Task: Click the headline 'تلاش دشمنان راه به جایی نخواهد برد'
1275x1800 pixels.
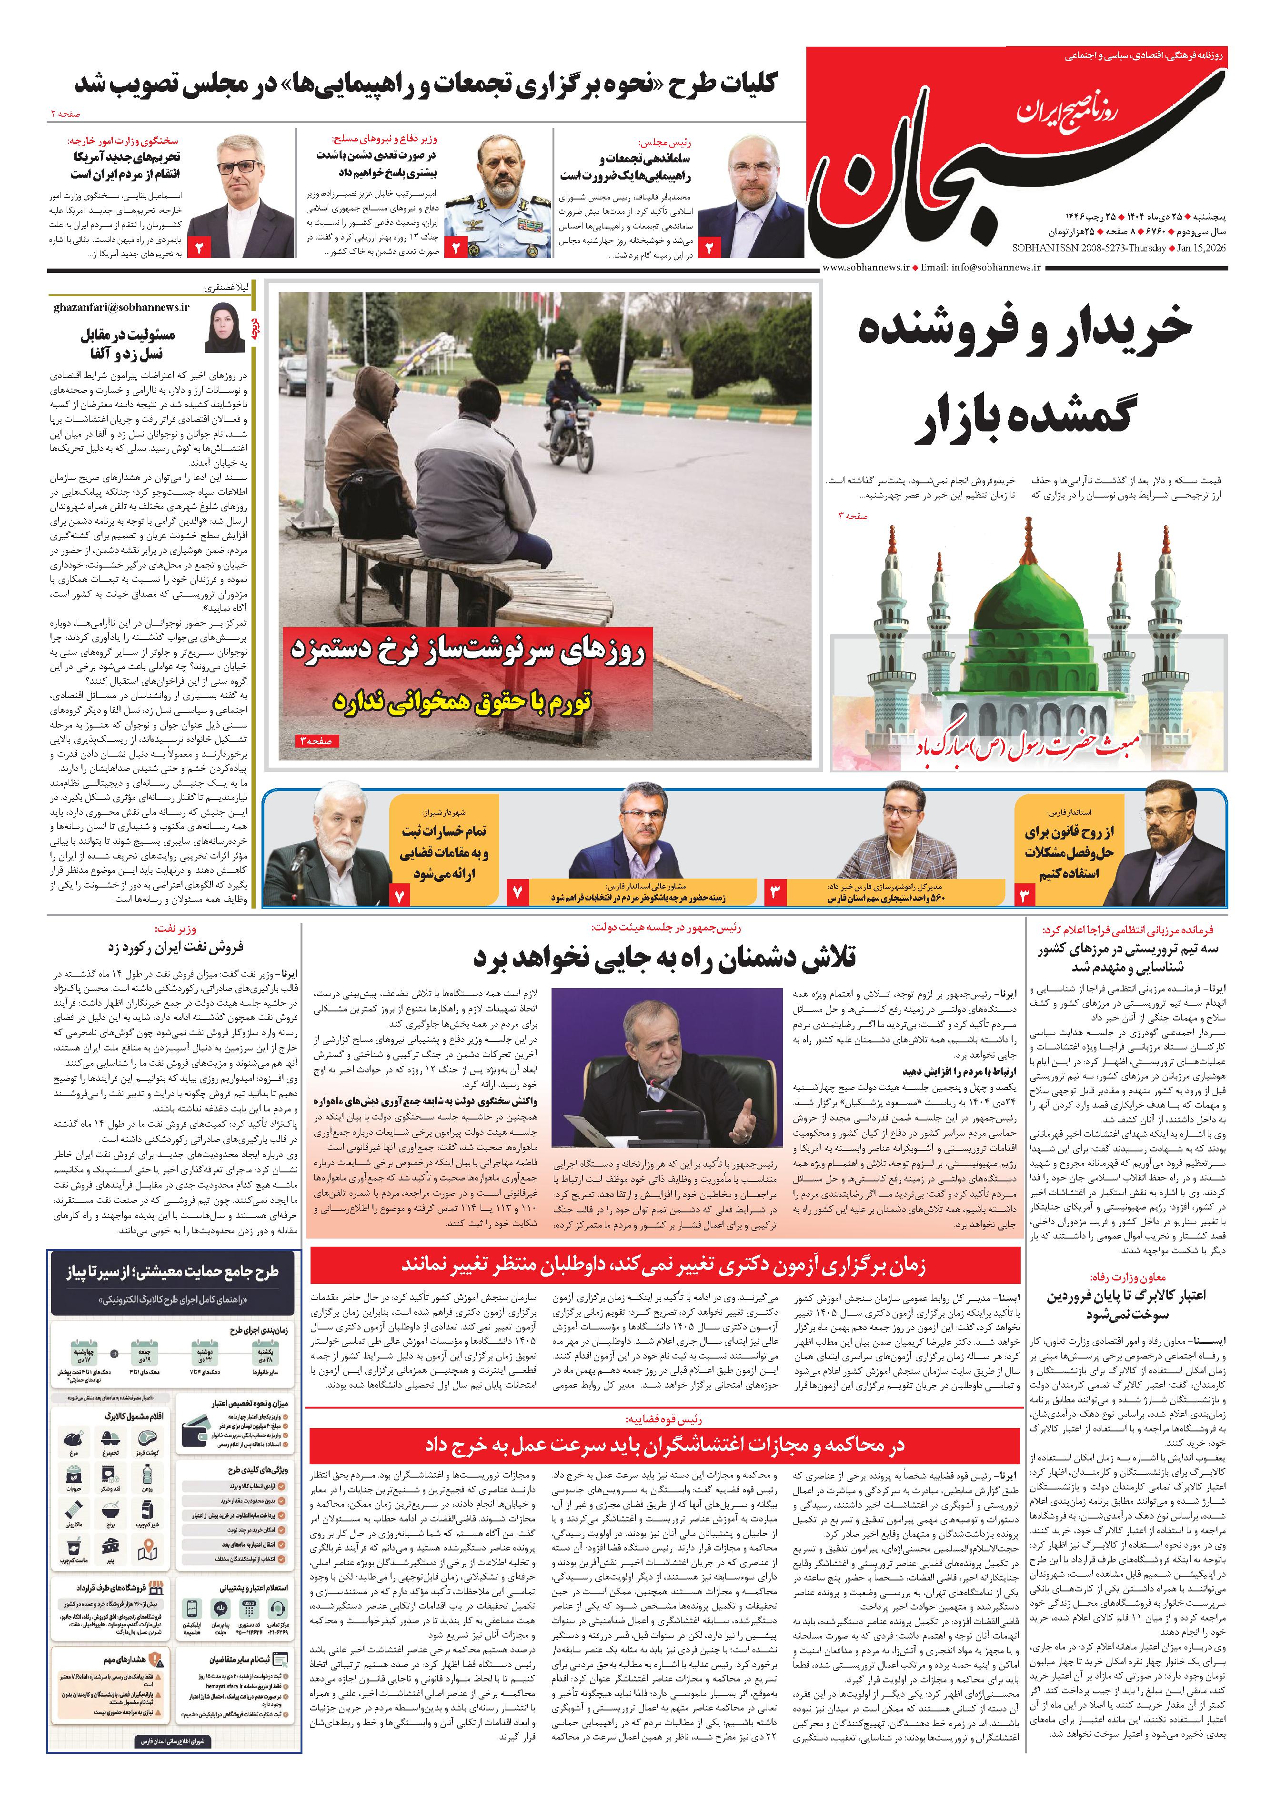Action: point(664,959)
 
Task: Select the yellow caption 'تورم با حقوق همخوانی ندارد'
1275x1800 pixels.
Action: point(462,701)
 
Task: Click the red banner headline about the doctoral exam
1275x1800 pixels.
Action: point(664,1265)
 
